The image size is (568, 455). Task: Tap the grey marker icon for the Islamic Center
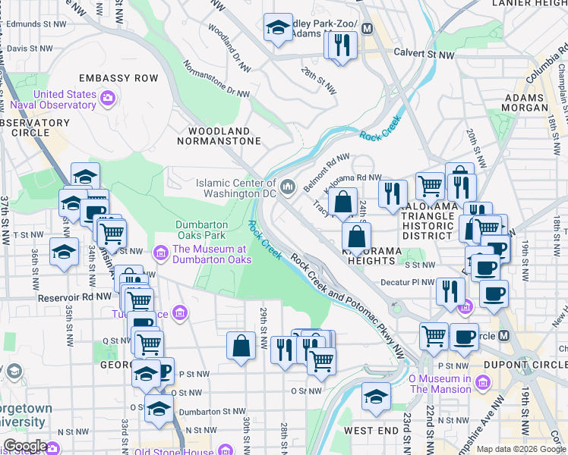coord(289,187)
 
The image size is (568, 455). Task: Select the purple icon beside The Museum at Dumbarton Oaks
coord(160,252)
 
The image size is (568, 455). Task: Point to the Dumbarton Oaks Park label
coord(202,230)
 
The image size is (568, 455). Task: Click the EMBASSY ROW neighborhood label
coord(118,78)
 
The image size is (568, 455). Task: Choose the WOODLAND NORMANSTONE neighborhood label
coord(219,136)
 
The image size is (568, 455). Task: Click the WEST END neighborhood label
coord(371,431)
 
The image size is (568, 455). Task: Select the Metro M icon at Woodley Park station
coord(368,29)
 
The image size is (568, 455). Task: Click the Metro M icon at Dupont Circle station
coord(504,335)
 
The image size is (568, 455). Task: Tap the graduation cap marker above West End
coord(375,397)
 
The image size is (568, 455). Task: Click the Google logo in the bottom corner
coord(24,446)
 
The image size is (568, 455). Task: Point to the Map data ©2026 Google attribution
coord(521,449)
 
